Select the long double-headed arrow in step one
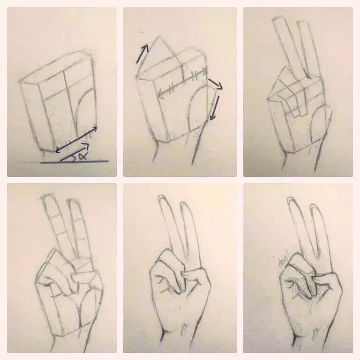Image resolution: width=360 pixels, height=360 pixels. (76, 139)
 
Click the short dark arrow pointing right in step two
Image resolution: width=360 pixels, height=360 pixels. (216, 84)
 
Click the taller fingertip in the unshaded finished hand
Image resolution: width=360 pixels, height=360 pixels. (165, 199)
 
